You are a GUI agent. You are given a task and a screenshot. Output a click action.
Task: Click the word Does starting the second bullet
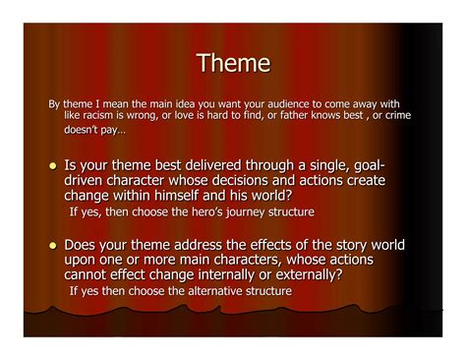pyautogui.click(x=85, y=245)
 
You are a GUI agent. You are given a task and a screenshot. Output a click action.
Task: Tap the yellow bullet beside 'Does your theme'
pyautogui.click(x=52, y=246)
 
